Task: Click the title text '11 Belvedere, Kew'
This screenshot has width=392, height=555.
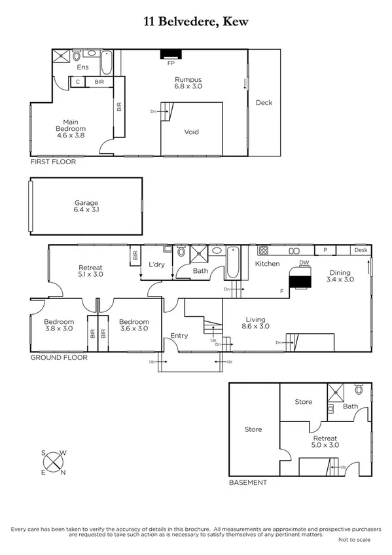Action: (196, 22)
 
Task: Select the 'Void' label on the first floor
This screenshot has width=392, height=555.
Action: (191, 132)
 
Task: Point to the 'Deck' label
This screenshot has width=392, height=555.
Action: (264, 103)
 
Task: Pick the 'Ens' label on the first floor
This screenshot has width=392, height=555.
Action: (82, 67)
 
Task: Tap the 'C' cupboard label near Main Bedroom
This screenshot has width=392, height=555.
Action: (78, 82)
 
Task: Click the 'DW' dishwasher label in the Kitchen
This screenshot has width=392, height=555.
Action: (304, 263)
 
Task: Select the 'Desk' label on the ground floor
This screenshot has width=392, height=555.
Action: (361, 251)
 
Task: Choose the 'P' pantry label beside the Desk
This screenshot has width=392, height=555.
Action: (325, 251)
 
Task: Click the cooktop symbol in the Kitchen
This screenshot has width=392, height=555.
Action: (264, 251)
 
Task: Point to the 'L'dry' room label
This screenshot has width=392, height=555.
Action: (157, 264)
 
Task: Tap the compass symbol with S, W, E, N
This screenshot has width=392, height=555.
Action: (52, 463)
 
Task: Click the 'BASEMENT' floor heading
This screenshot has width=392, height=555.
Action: (247, 482)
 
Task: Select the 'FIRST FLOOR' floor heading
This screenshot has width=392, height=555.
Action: (53, 161)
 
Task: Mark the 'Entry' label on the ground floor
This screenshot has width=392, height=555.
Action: (179, 336)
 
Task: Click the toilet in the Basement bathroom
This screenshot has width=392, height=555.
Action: (359, 389)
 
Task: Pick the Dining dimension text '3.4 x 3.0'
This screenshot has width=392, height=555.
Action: (340, 279)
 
